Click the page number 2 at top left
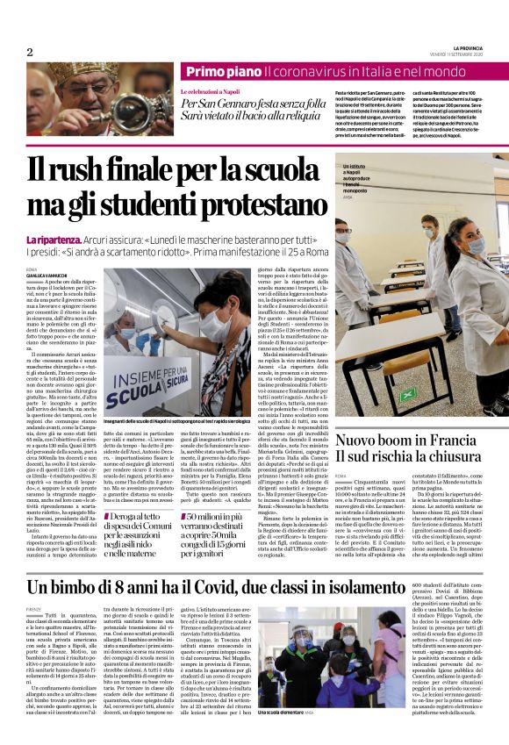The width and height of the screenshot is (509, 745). [x=30, y=52]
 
